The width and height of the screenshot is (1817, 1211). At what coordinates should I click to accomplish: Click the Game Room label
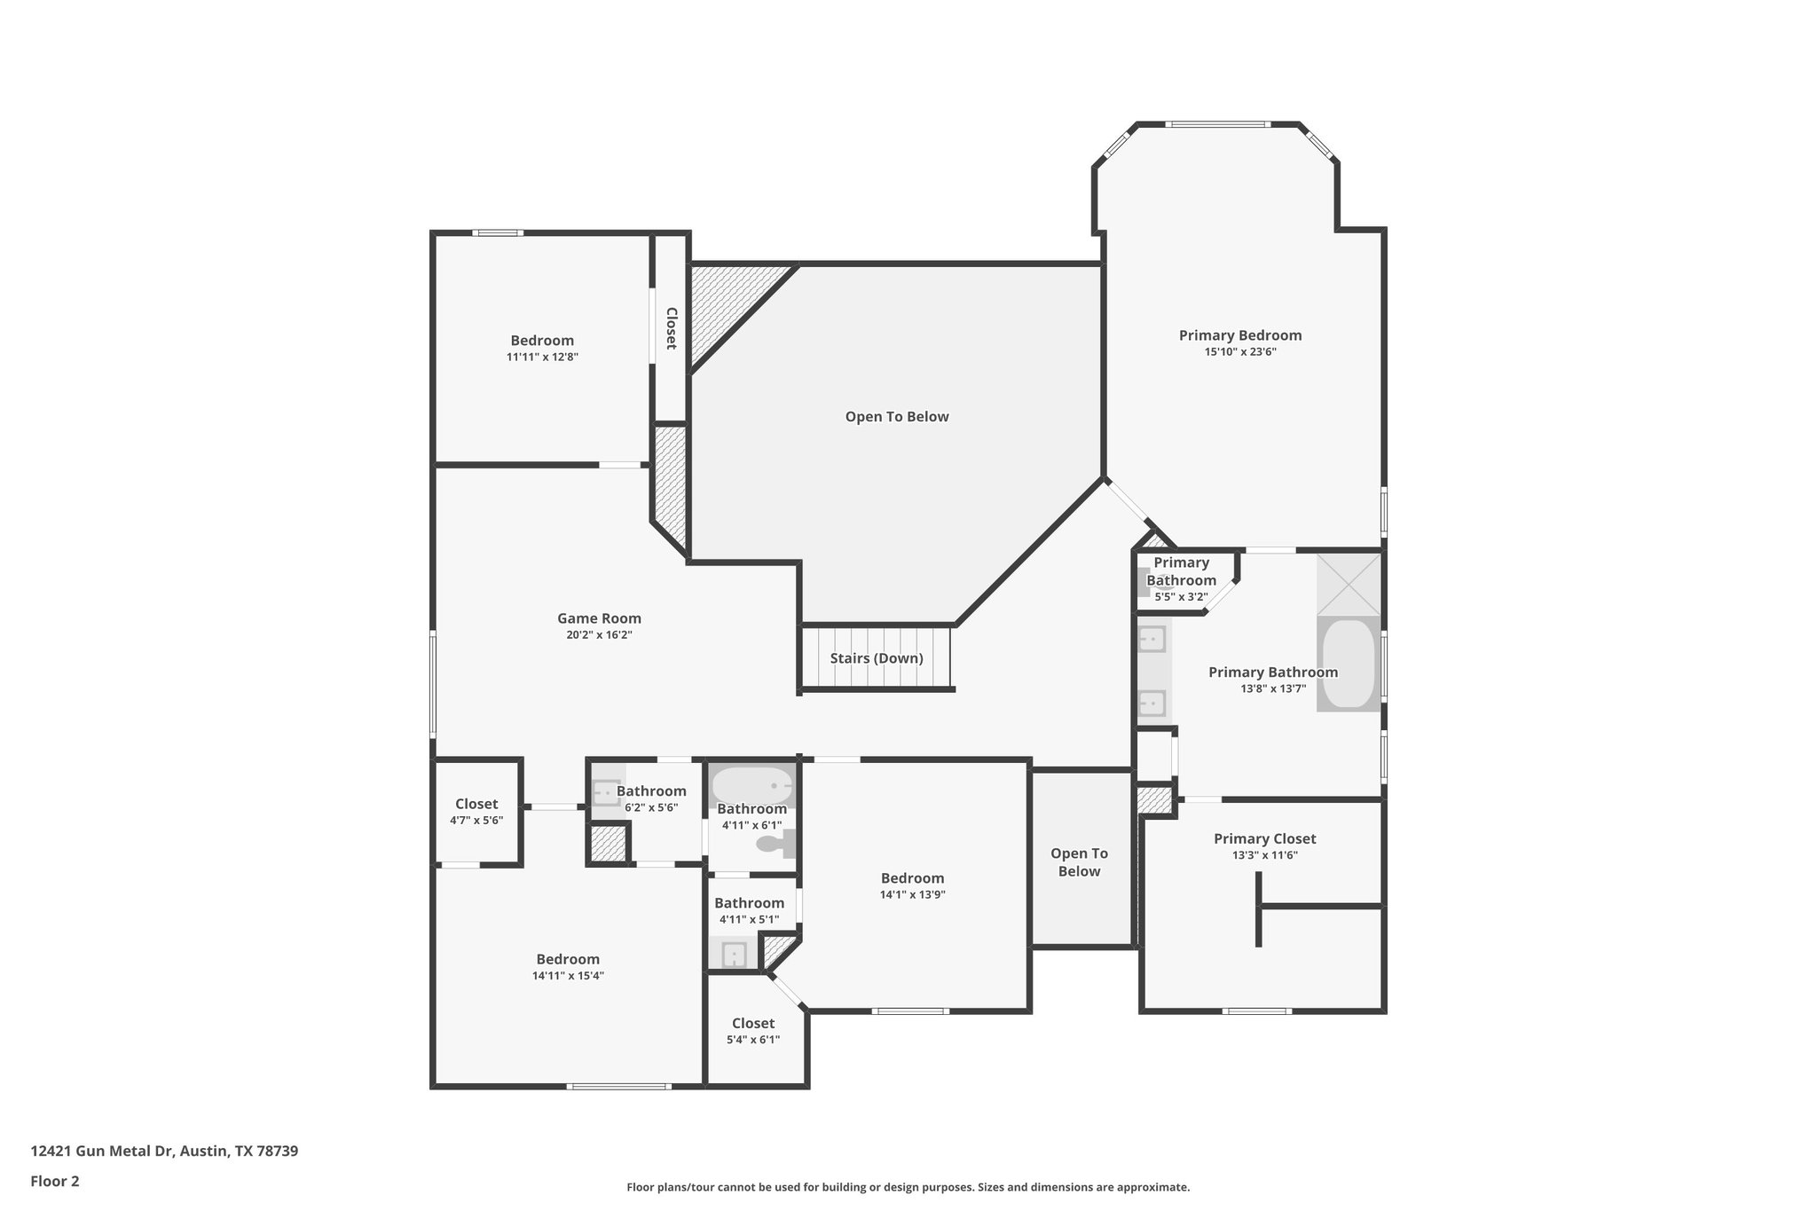coord(599,618)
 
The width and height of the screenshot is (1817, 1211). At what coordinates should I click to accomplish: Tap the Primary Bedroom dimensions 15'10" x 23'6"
coord(1239,352)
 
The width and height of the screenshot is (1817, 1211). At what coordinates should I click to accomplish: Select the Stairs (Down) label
coord(877,658)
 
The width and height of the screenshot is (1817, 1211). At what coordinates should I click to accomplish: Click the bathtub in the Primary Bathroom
coord(1348,664)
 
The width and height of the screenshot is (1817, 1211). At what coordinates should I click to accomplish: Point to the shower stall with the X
coord(1348,584)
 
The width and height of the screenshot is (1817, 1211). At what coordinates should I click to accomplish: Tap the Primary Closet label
coord(1264,838)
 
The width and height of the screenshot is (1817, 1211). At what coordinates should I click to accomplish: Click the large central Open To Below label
coord(896,417)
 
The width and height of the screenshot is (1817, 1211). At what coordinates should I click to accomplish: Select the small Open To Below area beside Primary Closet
coord(1079,861)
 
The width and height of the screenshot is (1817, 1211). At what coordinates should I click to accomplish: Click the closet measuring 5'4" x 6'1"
coord(752,1030)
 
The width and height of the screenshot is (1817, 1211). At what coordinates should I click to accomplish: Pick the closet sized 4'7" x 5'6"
coord(476,811)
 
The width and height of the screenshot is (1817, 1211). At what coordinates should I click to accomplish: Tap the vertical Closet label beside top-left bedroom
coord(672,328)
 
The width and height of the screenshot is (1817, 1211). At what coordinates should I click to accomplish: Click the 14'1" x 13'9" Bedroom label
coord(912,878)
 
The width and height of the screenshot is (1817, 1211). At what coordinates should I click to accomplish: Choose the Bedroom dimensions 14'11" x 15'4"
coord(568,976)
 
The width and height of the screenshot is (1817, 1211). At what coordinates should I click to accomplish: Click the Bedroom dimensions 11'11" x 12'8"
coord(542,357)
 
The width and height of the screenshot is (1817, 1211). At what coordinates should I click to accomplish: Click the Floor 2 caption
coord(55,1181)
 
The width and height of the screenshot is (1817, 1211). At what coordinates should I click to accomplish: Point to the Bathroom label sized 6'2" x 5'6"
coord(651,791)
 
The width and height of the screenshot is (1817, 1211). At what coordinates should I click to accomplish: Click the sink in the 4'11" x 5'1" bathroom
coord(733,955)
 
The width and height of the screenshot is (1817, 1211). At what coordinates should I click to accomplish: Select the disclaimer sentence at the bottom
coord(908,1187)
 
